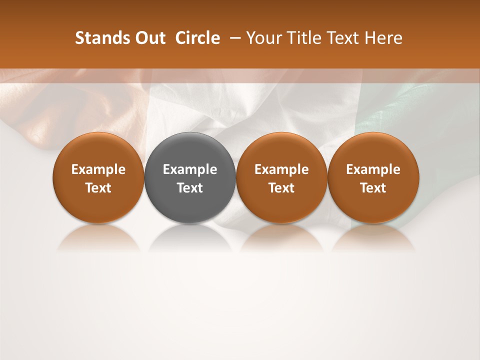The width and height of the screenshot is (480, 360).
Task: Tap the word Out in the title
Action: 149,38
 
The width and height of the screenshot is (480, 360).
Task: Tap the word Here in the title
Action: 384,38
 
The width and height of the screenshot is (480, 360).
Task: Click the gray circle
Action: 190,177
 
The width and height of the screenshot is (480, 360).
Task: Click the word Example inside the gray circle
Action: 190,169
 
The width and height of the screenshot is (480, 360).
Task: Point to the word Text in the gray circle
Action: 190,188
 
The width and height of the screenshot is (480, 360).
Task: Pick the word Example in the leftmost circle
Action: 98,169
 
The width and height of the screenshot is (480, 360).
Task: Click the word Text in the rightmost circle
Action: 373,188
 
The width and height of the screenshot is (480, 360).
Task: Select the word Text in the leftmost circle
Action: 98,188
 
